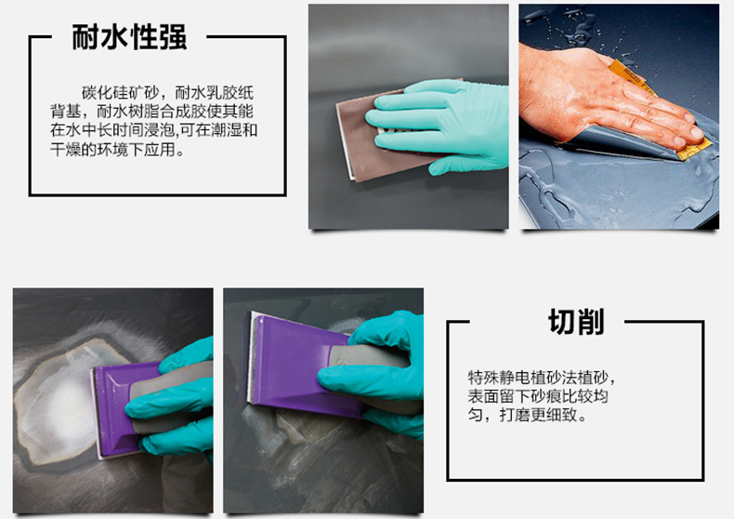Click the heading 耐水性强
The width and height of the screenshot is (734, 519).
coord(129,37)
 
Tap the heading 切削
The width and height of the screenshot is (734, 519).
coord(576,321)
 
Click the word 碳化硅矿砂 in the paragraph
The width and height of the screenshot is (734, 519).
coord(120,93)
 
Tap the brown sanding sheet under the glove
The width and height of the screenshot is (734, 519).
coord(370,136)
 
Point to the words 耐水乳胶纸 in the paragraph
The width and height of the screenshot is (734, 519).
coord(214,93)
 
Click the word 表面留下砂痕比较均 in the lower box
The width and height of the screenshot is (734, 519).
coord(538,396)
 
